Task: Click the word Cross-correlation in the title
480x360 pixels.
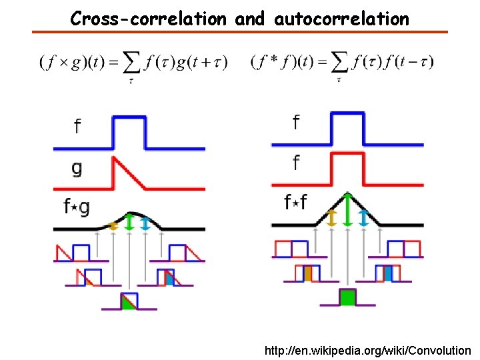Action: pyautogui.click(x=149, y=19)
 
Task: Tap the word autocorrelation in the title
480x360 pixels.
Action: pyautogui.click(x=341, y=19)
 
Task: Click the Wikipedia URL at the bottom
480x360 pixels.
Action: pyautogui.click(x=367, y=350)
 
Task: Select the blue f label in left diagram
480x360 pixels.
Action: pyautogui.click(x=77, y=126)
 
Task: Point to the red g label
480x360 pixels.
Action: pyautogui.click(x=77, y=169)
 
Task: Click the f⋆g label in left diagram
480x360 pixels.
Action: pyautogui.click(x=77, y=207)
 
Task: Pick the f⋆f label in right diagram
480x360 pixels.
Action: pyautogui.click(x=295, y=201)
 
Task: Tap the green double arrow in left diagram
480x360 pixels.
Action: pyautogui.click(x=129, y=221)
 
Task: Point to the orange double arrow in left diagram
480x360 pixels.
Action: pyautogui.click(x=113, y=225)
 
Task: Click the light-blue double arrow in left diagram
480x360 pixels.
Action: pyautogui.click(x=145, y=223)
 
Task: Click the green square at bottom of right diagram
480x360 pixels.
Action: pyautogui.click(x=347, y=297)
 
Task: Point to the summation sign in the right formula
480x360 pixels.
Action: pyautogui.click(x=340, y=64)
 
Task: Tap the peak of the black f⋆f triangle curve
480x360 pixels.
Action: pyautogui.click(x=347, y=194)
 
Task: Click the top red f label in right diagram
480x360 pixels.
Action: pyautogui.click(x=295, y=162)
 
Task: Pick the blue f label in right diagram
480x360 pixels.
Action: pyautogui.click(x=295, y=123)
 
